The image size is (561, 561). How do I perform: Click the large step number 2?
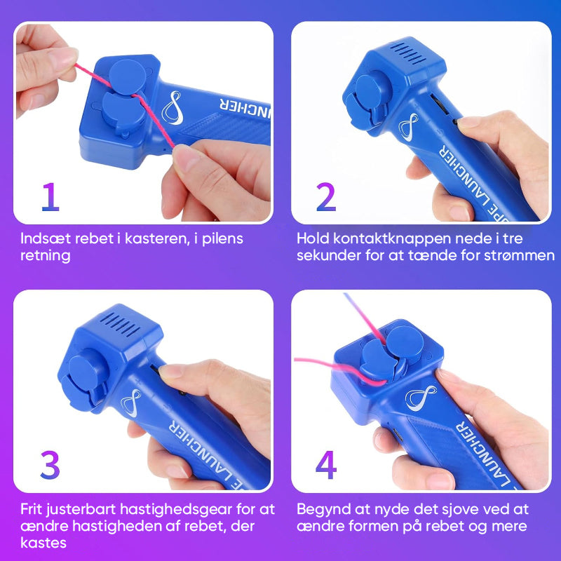(x=325, y=198)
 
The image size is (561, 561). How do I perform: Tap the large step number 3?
(x=50, y=465)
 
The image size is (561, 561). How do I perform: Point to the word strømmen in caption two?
(x=525, y=255)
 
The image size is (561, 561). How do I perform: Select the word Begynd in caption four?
(x=323, y=509)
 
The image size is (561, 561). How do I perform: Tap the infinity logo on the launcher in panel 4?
(x=420, y=398)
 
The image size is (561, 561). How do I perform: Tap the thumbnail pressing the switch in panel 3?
(x=169, y=370)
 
